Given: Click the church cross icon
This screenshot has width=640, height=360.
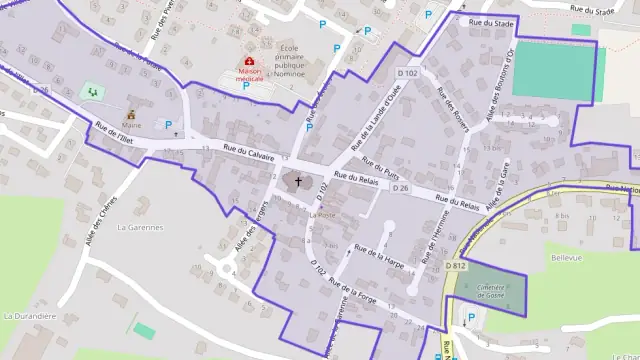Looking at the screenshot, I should [297, 183].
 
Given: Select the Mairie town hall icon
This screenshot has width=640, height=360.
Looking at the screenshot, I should [131, 115].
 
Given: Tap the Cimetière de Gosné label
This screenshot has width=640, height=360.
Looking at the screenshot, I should [491, 291].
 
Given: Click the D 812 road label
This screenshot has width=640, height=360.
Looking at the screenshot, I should [457, 265].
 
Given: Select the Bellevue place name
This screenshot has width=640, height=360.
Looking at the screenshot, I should [566, 257].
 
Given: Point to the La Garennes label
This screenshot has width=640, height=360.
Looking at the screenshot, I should [139, 227].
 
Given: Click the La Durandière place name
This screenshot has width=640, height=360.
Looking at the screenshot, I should [29, 315].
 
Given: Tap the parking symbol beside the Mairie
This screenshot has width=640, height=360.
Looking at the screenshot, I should [168, 125].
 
